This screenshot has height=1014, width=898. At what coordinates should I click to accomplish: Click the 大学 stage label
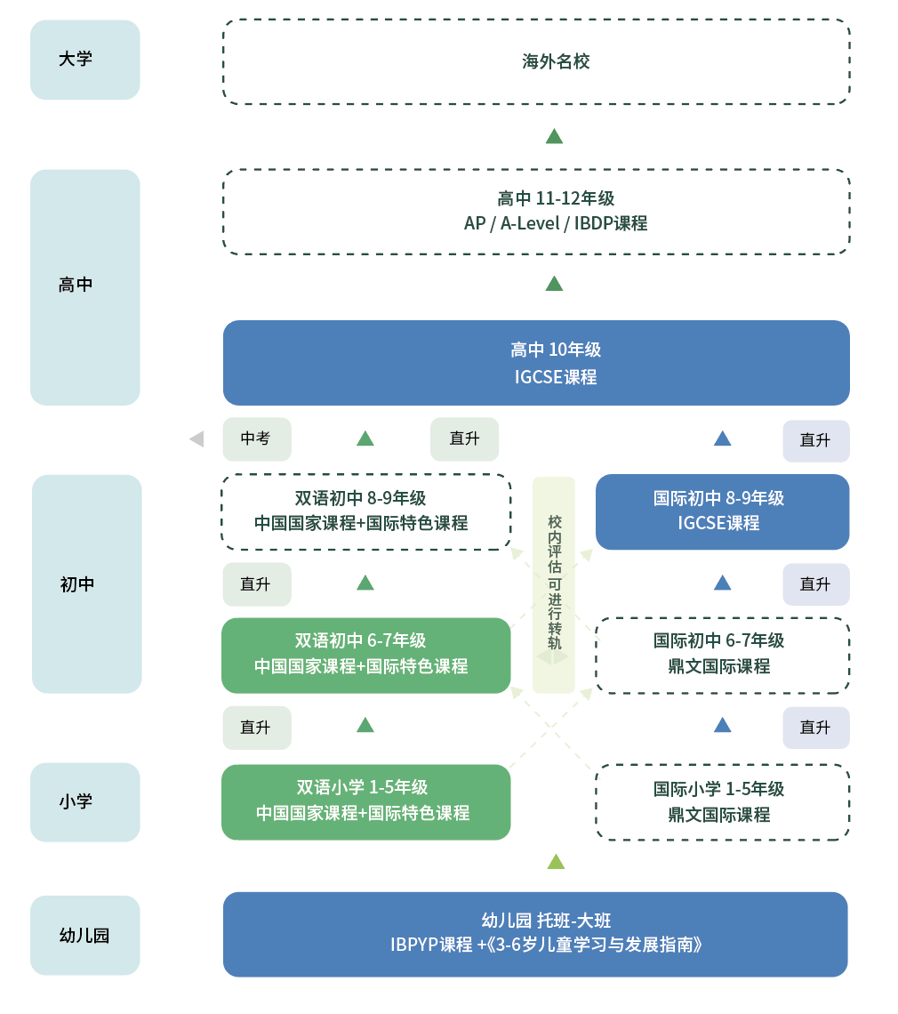point(84,60)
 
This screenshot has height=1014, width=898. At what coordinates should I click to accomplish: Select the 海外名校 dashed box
point(536,61)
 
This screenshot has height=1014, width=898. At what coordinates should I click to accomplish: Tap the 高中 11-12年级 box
point(536,211)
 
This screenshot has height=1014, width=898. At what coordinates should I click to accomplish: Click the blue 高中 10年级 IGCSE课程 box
point(536,363)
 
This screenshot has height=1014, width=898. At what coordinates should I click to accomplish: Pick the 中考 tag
point(256,439)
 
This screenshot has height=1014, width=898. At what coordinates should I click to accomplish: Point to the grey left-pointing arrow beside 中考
point(196,439)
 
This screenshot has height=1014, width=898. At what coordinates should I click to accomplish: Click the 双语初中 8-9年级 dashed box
point(365,511)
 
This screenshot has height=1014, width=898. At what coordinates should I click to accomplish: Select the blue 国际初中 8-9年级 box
point(722,511)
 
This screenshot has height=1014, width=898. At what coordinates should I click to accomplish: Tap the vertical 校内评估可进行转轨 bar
point(554,583)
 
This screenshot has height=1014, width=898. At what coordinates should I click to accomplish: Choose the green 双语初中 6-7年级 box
point(365,655)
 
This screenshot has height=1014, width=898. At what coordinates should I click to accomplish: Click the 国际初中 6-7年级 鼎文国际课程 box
point(722,655)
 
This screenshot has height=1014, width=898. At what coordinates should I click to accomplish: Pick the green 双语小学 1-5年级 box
point(365,801)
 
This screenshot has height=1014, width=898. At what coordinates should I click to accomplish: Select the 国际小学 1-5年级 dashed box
point(722,801)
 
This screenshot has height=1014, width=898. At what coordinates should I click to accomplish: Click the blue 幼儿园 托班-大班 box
point(535,933)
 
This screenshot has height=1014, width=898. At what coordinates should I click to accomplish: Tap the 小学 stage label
point(84,801)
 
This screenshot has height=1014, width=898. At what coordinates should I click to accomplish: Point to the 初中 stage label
point(86,583)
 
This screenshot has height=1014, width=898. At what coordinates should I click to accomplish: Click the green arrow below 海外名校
point(554,136)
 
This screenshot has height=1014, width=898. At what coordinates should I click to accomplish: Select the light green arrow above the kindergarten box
point(556,861)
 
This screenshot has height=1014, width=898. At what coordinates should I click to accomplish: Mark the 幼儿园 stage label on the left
point(84,935)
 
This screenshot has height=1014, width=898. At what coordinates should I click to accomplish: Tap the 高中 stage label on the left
point(84,286)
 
